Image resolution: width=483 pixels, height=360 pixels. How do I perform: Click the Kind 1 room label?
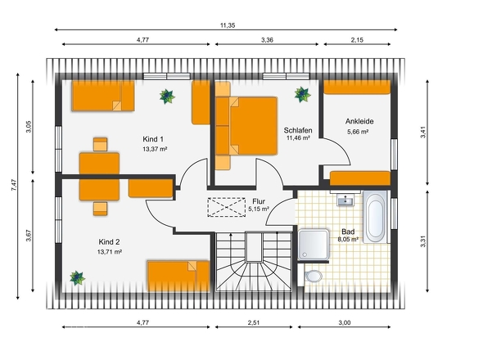point(153,139)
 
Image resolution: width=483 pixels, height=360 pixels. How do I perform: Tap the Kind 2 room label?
point(109,242)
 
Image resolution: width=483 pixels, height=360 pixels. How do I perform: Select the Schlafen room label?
point(298,130)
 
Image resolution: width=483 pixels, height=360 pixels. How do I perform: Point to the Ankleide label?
point(359,121)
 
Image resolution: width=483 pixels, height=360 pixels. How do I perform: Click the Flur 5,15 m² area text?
point(259,209)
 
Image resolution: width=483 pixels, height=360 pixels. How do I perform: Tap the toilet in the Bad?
point(313,276)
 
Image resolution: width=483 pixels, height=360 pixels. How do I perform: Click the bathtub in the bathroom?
point(375,217)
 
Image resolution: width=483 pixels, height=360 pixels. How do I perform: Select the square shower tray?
point(314,244)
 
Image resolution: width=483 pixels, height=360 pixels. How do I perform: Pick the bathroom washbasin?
point(345,200)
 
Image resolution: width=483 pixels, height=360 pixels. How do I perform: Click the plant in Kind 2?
point(77,278)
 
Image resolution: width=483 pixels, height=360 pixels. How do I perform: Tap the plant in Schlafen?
point(302,94)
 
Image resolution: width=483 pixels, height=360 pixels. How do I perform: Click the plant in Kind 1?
point(167,97)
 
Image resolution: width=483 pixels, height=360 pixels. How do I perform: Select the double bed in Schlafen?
point(246,126)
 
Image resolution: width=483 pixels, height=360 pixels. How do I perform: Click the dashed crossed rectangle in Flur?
point(227,207)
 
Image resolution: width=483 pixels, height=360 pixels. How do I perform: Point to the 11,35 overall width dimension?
point(228,25)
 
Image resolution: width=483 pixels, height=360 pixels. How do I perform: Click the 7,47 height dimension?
point(14,185)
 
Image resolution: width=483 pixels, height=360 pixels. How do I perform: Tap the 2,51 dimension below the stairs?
point(254,322)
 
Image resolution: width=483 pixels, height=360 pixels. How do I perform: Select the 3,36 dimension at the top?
point(267,40)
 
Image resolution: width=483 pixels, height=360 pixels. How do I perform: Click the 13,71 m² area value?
point(110,252)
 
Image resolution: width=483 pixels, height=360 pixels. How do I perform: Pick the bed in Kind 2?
point(178,277)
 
